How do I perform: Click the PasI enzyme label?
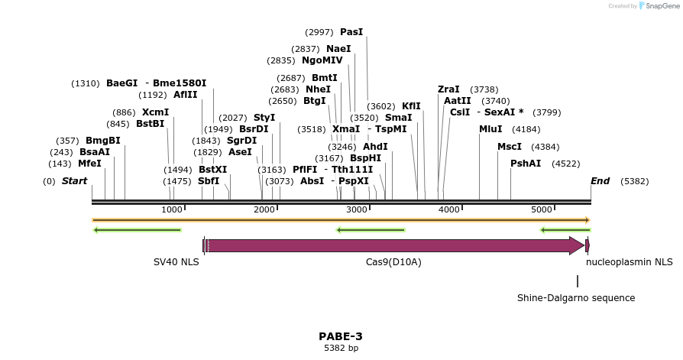[351, 32]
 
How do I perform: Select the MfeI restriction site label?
[89, 164]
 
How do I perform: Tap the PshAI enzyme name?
[526, 164]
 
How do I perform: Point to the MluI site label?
[490, 129]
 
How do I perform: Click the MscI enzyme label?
[510, 147]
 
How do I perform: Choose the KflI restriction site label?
[411, 106]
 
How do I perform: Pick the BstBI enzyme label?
[150, 124]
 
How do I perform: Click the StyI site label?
[264, 118]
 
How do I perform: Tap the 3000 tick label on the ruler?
[357, 209]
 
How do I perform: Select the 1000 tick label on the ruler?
[172, 209]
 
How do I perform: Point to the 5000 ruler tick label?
[542, 209]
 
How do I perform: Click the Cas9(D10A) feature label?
[393, 262]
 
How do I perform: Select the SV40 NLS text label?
[176, 262]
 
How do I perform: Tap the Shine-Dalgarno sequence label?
[576, 298]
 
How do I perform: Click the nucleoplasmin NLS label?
[630, 262]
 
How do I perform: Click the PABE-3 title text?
[341, 336]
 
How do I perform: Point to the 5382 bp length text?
[341, 349]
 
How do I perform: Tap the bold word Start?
[74, 181]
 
